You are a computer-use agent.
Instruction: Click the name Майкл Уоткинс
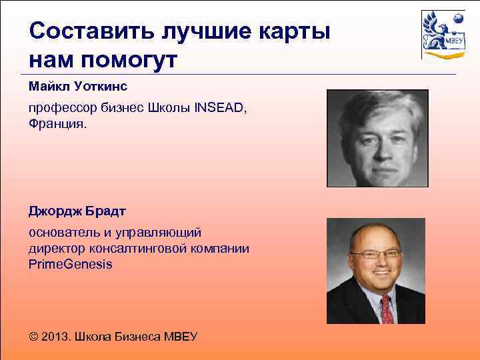point(77,87)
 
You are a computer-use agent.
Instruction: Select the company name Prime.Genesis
point(71,264)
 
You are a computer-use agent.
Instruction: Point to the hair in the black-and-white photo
point(377,106)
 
